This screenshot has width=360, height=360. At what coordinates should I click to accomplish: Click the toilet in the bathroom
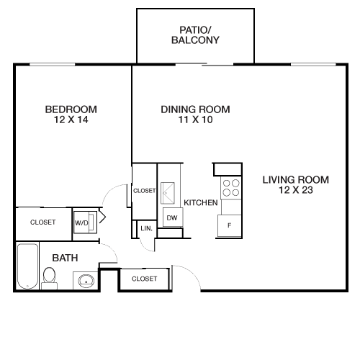point(49,279)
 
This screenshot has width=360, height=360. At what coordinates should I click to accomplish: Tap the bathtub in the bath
point(28,266)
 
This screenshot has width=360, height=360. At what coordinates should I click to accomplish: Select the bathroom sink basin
point(86,281)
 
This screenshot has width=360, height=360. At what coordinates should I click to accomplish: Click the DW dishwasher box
point(173,217)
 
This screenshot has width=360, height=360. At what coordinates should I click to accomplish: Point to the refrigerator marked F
point(230,225)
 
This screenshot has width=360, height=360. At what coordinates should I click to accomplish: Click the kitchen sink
point(168,193)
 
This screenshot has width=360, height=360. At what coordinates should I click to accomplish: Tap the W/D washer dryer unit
point(85,222)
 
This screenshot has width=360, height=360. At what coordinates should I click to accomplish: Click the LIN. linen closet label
point(147,228)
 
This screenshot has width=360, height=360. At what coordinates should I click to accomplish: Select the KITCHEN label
point(201,203)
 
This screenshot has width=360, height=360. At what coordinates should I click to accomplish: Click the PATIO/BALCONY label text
point(195,35)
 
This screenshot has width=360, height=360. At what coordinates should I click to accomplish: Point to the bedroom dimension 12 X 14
point(71,120)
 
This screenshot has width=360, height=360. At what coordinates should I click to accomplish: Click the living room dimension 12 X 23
point(296,190)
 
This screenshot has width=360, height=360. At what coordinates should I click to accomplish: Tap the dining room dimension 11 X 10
point(195,120)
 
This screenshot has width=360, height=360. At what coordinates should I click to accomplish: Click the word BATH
point(65,258)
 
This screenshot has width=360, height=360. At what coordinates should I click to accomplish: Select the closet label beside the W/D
point(43,222)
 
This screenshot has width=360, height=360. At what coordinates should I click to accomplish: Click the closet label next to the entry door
point(144,279)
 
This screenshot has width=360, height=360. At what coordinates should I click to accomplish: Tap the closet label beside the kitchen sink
point(144,191)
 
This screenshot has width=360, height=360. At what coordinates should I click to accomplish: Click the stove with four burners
point(231,188)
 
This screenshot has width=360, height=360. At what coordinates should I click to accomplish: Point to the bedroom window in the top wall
point(53,64)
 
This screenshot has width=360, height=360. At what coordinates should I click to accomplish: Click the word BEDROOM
point(71,109)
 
